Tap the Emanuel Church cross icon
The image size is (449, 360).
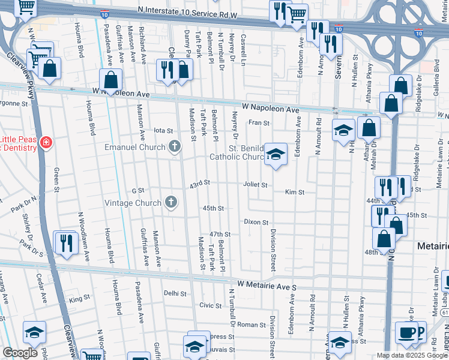coord(175,147)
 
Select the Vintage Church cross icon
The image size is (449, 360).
coord(171,202)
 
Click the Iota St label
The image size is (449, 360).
coord(163,130)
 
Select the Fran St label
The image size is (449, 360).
coord(259,122)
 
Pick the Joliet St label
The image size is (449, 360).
coord(255,185)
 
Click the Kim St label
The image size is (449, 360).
coord(295,193)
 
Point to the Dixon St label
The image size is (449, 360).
coord(256,222)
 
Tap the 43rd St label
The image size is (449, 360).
coord(200,183)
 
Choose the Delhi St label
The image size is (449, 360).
coord(175,293)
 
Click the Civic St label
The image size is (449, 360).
coord(211,305)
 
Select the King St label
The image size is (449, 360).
coord(79,298)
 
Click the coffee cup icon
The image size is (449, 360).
coord(407,332)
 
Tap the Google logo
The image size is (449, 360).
coord(20,353)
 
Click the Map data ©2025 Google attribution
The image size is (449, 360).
coord(412,356)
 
